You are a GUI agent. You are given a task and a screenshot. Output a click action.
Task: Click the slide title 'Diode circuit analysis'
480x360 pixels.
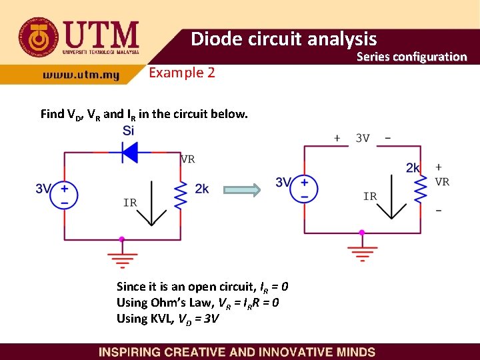[x=283, y=39]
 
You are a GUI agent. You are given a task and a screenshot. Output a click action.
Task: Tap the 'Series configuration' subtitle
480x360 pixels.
[x=411, y=57]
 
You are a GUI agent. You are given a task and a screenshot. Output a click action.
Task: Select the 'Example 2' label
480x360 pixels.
[x=181, y=73]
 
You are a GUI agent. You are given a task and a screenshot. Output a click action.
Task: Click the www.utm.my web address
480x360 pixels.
[x=81, y=75]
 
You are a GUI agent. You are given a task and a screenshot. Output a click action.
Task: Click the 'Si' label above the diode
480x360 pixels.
[x=128, y=131]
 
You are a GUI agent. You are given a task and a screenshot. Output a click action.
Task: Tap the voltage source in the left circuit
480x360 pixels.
[x=65, y=195]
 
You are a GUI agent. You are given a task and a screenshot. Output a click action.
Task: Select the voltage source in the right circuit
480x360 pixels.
[x=305, y=188]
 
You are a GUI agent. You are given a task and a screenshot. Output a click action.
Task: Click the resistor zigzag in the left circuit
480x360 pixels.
[x=181, y=194]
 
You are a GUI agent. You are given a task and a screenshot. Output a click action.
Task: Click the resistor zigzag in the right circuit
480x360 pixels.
[x=420, y=189]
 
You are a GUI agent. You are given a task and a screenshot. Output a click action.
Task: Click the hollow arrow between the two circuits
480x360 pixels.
[x=241, y=190]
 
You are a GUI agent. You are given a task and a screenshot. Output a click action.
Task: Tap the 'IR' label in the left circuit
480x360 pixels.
[x=130, y=202]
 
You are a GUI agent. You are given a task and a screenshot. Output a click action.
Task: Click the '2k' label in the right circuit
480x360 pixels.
[x=413, y=168]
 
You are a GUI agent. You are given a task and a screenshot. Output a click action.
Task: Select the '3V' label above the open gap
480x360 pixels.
[x=363, y=139]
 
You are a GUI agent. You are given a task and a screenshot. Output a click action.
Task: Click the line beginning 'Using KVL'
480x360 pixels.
[x=167, y=319]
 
